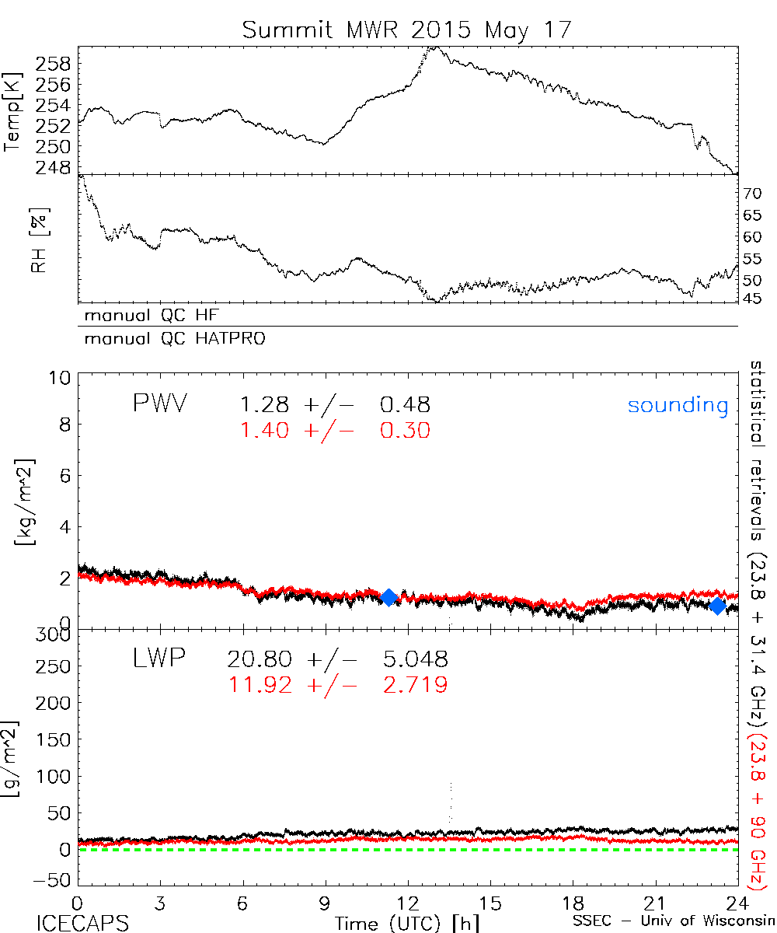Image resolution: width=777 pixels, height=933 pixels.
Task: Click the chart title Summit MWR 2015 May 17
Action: [407, 30]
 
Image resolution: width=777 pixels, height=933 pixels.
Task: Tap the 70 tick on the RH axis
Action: [752, 193]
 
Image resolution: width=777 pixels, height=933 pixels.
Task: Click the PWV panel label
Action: [161, 405]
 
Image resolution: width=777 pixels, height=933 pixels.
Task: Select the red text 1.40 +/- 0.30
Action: [335, 430]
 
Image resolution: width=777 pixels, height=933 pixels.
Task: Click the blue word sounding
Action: [678, 405]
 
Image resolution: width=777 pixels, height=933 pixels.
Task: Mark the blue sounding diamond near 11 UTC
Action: [389, 597]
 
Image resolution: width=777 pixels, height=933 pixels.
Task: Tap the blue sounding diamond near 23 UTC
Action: [717, 606]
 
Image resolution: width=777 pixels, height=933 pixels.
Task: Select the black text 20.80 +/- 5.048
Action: [337, 660]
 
